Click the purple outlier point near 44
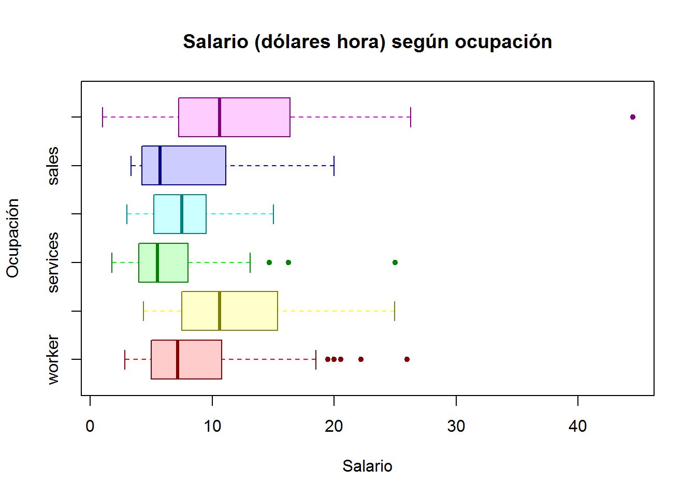632,117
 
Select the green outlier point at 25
395,262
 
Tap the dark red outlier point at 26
407,359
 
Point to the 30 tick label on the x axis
456,427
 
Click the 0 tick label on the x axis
90,427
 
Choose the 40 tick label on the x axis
577,427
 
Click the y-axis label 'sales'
53,166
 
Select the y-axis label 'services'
53,262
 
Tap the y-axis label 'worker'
53,359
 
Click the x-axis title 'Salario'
367,466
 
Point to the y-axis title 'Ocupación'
13,238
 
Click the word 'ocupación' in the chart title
503,42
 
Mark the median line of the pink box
220,117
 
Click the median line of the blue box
160,166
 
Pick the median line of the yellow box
220,311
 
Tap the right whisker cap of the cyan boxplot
273,214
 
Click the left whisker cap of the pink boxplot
103,117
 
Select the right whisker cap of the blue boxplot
334,166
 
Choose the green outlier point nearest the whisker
269,262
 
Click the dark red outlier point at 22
361,359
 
